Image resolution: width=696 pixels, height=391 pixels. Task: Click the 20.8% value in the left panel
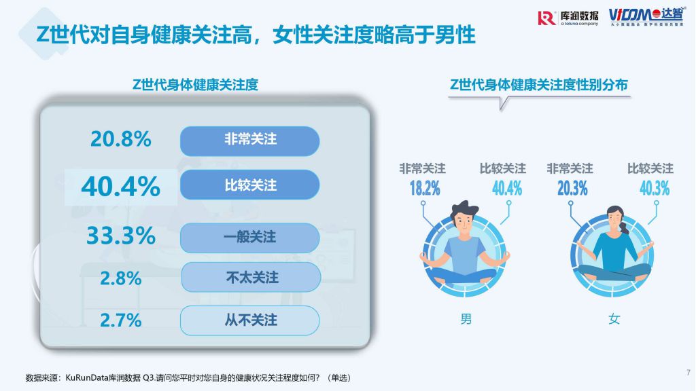pyautogui.click(x=121, y=139)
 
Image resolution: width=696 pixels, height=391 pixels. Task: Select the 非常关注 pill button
pyautogui.click(x=250, y=141)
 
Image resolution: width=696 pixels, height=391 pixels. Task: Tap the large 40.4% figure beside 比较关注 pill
pyautogui.click(x=121, y=187)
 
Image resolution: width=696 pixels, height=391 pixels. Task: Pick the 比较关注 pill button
pyautogui.click(x=250, y=185)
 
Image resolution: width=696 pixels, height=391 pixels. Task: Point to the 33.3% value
pyautogui.click(x=121, y=236)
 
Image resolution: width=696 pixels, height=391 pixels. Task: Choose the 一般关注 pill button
pyautogui.click(x=250, y=238)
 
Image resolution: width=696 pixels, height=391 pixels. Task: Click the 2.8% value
pyautogui.click(x=121, y=278)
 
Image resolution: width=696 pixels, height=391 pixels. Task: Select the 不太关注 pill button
pyautogui.click(x=251, y=277)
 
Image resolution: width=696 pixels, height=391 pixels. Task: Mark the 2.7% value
pyautogui.click(x=121, y=320)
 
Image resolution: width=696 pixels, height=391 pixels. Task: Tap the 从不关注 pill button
pyautogui.click(x=250, y=320)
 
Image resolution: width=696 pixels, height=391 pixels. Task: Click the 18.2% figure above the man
pyautogui.click(x=425, y=189)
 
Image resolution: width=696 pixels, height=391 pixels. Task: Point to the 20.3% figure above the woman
pyautogui.click(x=572, y=189)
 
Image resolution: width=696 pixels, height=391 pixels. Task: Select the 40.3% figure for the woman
pyautogui.click(x=655, y=189)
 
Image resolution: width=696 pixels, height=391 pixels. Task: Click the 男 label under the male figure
pyautogui.click(x=466, y=319)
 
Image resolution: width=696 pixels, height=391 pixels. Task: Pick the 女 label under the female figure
pyautogui.click(x=614, y=319)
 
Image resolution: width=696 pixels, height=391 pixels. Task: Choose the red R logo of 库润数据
pyautogui.click(x=546, y=18)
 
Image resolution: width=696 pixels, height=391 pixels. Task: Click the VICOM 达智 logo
pyautogui.click(x=646, y=17)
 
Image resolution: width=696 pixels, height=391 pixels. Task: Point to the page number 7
pyautogui.click(x=689, y=373)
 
